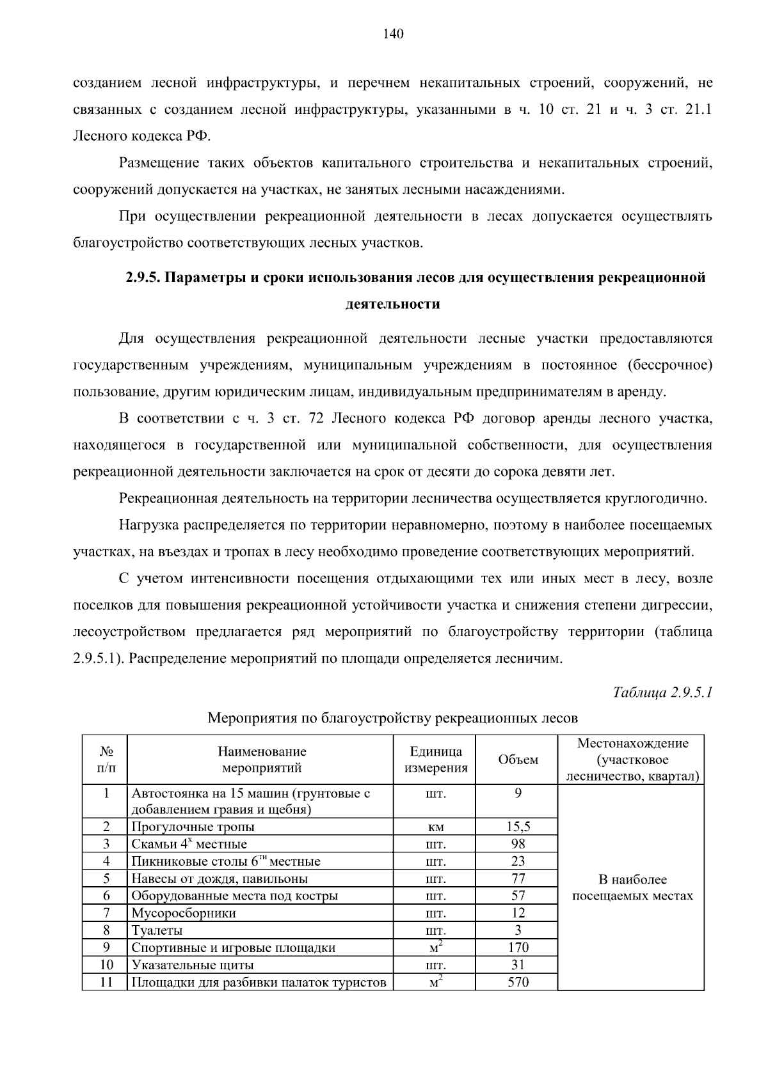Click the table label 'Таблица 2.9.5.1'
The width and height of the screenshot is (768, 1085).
click(662, 692)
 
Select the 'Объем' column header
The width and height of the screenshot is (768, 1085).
click(518, 760)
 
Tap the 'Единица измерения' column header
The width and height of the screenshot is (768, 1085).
click(436, 760)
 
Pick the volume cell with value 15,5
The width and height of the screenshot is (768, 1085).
click(518, 826)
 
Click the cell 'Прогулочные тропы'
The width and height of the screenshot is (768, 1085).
click(193, 827)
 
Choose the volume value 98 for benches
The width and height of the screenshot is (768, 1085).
click(518, 843)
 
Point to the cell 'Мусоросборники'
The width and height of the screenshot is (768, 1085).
click(183, 913)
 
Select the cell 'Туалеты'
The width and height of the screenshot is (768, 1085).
click(157, 930)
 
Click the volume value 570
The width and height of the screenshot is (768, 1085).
click(518, 982)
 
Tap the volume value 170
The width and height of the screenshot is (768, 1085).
click(518, 948)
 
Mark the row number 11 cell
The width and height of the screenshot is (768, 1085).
click(106, 982)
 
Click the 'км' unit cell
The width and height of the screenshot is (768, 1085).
click(436, 827)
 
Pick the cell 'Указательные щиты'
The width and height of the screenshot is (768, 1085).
click(192, 965)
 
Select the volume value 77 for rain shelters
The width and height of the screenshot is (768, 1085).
click(518, 878)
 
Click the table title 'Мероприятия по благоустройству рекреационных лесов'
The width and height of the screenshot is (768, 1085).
click(392, 718)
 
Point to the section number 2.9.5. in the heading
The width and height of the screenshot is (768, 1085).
click(145, 277)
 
